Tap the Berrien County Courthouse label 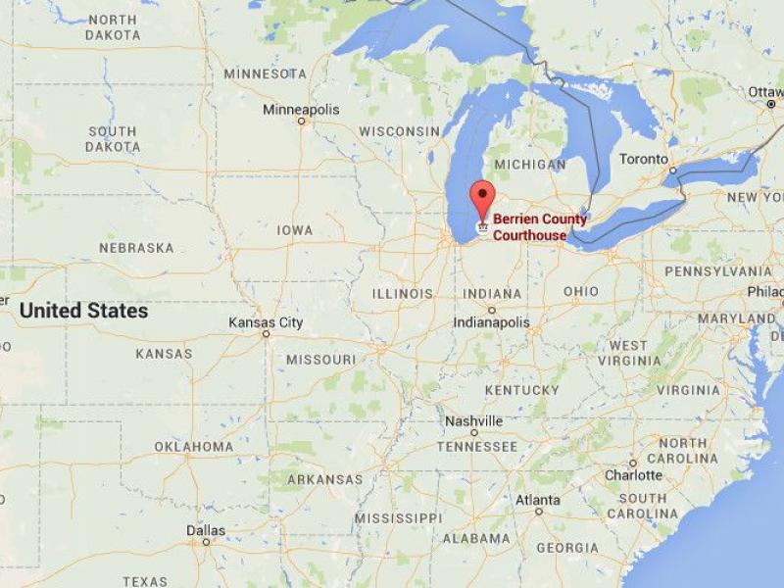[539, 227]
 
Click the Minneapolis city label [301, 110]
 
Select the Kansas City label [266, 322]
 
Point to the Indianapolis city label [491, 322]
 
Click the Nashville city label [473, 420]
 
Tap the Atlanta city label [538, 499]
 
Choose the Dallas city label [206, 530]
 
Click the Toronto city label [644, 159]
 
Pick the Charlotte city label [633, 475]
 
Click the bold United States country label [84, 311]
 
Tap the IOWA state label [295, 230]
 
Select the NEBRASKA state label [136, 248]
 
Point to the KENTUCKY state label [521, 390]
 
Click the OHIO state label [581, 291]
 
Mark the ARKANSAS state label [323, 479]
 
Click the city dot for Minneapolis [301, 122]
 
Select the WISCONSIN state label [399, 131]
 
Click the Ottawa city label [765, 91]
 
